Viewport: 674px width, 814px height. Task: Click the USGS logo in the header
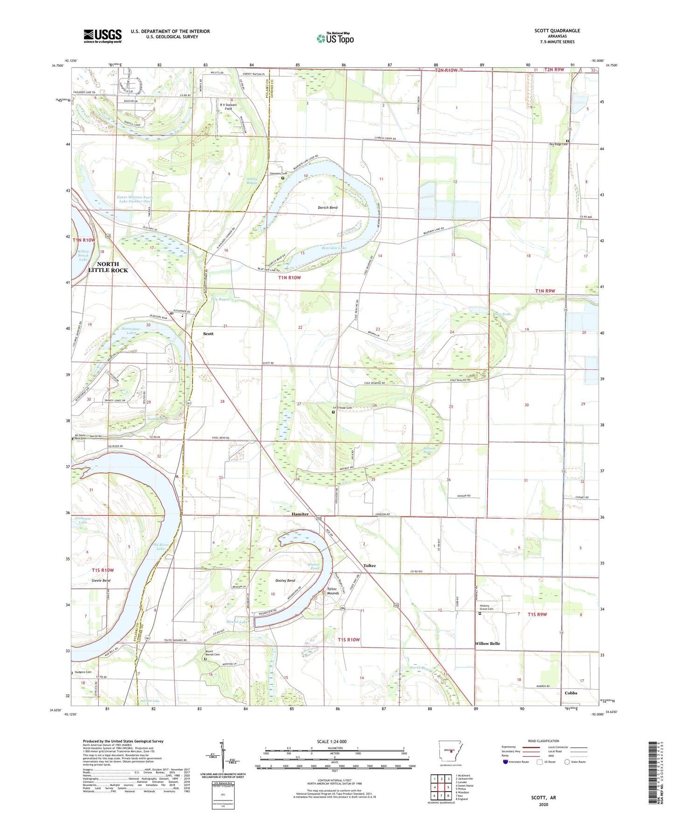pos(103,36)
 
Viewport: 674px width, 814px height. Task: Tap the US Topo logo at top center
pos(335,38)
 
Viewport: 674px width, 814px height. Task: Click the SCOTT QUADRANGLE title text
pos(557,31)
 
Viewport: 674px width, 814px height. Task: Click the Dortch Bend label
pos(327,207)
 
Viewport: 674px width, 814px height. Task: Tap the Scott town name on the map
pos(208,334)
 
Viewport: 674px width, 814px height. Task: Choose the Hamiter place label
pos(300,514)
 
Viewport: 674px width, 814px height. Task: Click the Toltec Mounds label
pos(332,591)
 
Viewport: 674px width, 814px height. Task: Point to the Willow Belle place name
pos(487,643)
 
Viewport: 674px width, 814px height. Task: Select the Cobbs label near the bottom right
pos(570,693)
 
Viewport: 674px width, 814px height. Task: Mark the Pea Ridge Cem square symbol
pos(567,141)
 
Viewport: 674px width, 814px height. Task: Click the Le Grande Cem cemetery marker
pos(333,412)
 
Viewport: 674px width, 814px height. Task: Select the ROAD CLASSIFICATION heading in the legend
pos(543,741)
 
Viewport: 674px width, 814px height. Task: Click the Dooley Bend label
pos(285,580)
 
